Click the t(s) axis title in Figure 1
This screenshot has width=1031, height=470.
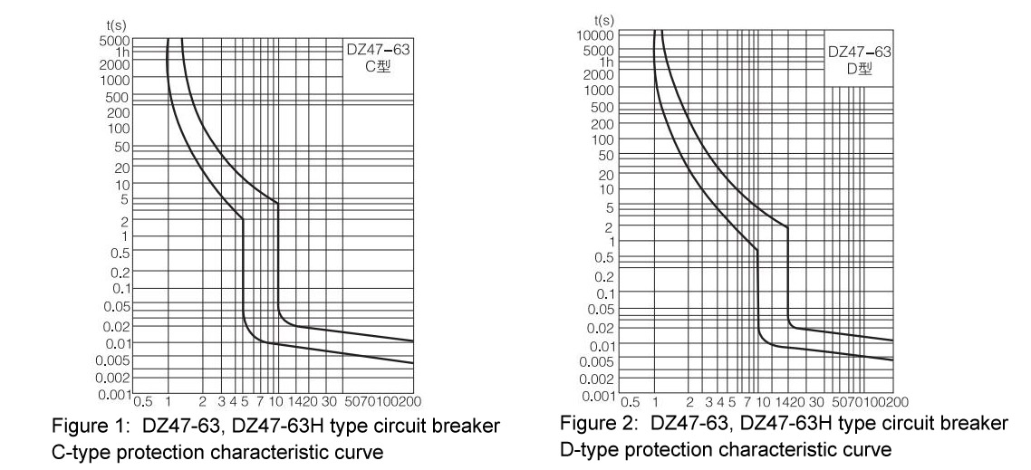[x=117, y=30]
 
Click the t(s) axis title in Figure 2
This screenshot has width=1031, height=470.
[x=603, y=20]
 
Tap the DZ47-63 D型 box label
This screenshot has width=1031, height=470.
[x=857, y=59]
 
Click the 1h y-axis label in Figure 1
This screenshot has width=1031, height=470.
[x=122, y=53]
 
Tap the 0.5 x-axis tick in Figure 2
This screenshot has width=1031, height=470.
[x=631, y=402]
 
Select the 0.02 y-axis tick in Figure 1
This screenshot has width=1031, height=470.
[x=118, y=325]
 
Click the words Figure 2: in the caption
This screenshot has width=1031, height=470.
[x=588, y=422]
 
